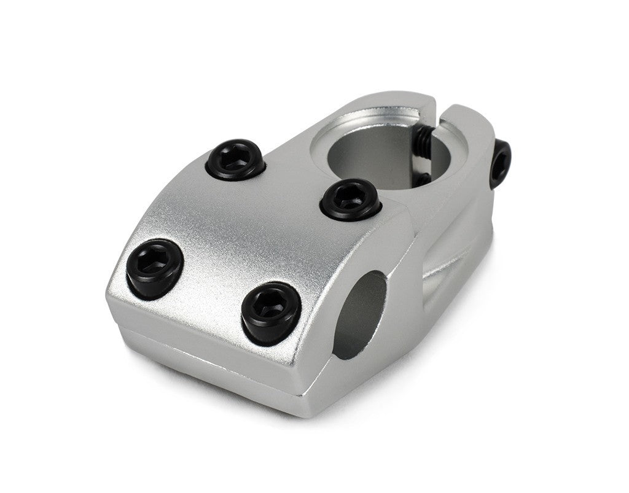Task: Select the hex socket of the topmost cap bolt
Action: pyautogui.click(x=235, y=160)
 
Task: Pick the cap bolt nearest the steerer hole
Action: pyautogui.click(x=350, y=200)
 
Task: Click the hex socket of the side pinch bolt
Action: pyautogui.click(x=501, y=162)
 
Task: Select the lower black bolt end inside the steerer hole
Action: pyautogui.click(x=424, y=179)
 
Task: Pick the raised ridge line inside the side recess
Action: pyautogui.click(x=455, y=264)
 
